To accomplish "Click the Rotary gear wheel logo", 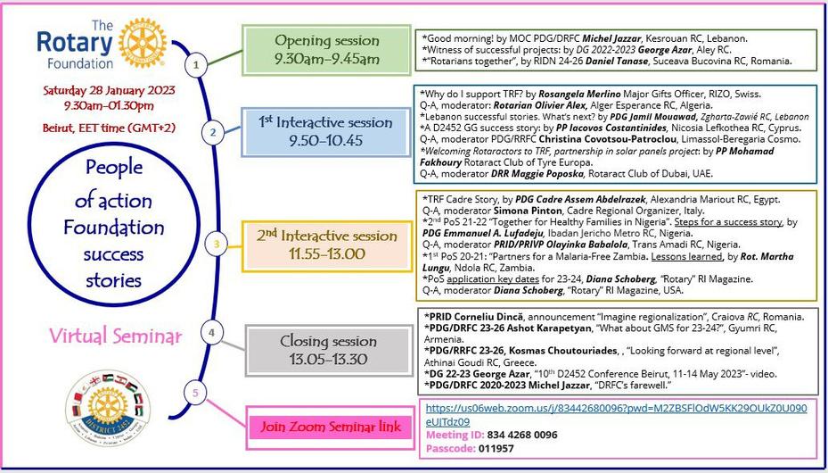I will [x=143, y=43].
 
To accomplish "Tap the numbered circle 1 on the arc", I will [x=195, y=64].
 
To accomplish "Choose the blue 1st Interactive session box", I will [x=326, y=131].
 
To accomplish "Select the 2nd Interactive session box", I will [x=326, y=244].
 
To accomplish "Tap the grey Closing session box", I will [x=326, y=350].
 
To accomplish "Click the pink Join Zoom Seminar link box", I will [x=332, y=427].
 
